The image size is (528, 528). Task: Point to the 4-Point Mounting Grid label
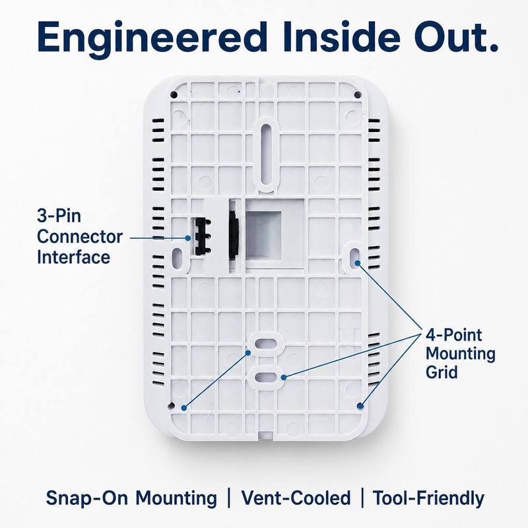(460, 354)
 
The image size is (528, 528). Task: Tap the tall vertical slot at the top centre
(267, 154)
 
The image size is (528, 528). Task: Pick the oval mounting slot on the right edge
(354, 257)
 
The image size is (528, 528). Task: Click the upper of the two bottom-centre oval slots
(266, 343)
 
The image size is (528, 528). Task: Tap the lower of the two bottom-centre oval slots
(266, 377)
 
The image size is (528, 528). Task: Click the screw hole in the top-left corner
(174, 94)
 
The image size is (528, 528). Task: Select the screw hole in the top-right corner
(358, 94)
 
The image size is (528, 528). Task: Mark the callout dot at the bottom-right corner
(360, 406)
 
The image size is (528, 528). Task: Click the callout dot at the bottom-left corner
(184, 408)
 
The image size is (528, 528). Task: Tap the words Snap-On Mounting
(131, 498)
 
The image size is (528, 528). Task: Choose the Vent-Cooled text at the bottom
(296, 498)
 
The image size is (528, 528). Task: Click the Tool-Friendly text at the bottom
(428, 498)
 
